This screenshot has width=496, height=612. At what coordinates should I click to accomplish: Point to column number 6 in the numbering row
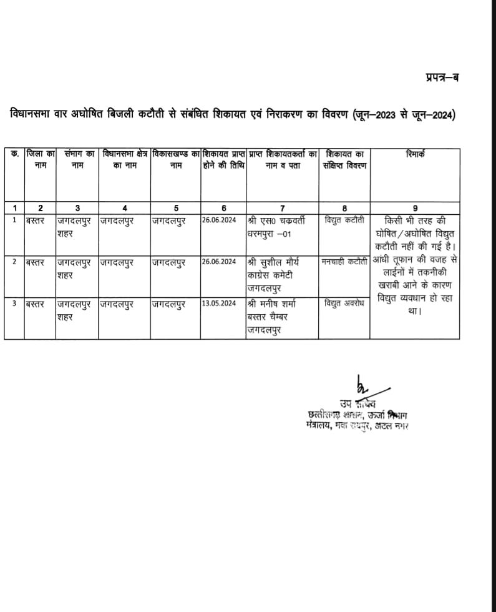[x=223, y=208]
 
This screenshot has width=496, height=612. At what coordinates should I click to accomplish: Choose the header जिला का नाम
[x=41, y=159]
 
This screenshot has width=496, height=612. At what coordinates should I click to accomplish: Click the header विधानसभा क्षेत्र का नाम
[x=125, y=159]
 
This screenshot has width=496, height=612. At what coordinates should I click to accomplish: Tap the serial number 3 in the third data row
[x=15, y=304]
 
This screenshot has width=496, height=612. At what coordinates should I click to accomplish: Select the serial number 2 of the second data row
[x=15, y=262]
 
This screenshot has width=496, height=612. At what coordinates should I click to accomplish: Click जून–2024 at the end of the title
[x=435, y=115]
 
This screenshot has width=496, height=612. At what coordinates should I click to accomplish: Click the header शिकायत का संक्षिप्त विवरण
[x=344, y=159]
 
